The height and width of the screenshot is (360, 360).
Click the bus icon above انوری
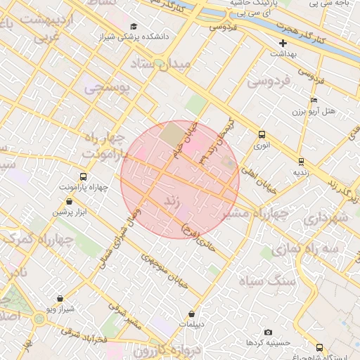(x=262, y=134)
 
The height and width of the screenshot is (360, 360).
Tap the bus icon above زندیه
(x=301, y=162)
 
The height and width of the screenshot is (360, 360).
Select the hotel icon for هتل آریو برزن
(x=314, y=100)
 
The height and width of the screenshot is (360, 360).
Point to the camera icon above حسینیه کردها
(x=268, y=332)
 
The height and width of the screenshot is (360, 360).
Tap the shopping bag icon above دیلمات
(x=192, y=314)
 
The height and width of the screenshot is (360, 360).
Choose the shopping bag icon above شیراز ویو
(x=60, y=298)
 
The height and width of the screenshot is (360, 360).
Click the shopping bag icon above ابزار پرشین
(x=68, y=201)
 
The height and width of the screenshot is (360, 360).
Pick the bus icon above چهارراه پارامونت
(x=84, y=176)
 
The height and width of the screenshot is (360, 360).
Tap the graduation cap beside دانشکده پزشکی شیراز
(x=134, y=26)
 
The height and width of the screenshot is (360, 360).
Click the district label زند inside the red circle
(x=173, y=201)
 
